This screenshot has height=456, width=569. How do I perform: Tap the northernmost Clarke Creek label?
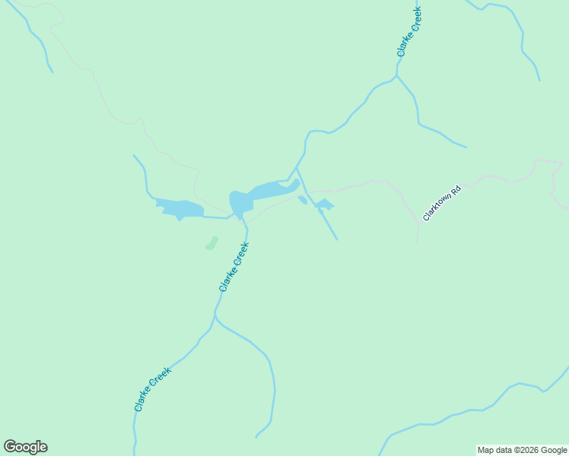pos(409,33)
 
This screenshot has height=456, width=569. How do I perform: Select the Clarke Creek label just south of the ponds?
pos(234,266)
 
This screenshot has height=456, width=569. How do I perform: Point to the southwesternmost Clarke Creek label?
pos(152,389)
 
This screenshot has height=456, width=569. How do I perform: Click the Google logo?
pos(25,447)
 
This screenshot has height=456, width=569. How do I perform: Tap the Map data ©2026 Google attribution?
pos(523,450)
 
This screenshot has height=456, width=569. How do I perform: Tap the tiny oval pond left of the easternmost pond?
pos(303,200)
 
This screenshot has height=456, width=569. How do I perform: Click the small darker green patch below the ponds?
pos(211,243)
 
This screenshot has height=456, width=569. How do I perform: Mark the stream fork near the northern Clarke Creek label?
pos(396,75)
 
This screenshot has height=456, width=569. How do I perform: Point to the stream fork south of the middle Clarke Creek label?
pos(215,318)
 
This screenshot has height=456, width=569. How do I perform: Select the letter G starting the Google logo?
pos(10,447)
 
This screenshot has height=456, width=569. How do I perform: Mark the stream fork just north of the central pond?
pos(295,169)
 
